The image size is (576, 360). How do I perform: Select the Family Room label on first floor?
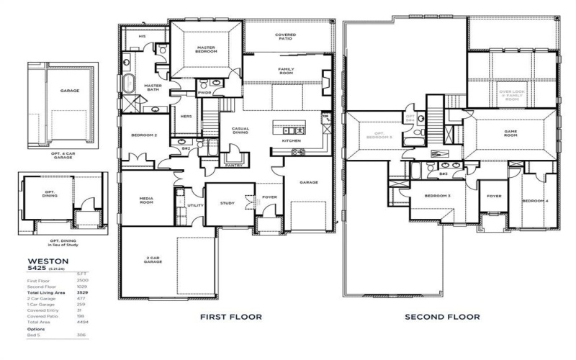287,71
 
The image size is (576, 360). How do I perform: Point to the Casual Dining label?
240,132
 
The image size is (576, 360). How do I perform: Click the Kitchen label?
291,141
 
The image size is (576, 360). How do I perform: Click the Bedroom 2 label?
144,135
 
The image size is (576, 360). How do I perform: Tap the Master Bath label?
152,88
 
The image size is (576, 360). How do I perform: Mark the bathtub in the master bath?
129,82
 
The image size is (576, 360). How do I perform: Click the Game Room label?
510,134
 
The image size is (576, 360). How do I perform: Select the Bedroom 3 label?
437,196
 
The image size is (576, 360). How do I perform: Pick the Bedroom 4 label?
534,199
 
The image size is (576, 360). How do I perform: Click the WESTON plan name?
48,262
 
